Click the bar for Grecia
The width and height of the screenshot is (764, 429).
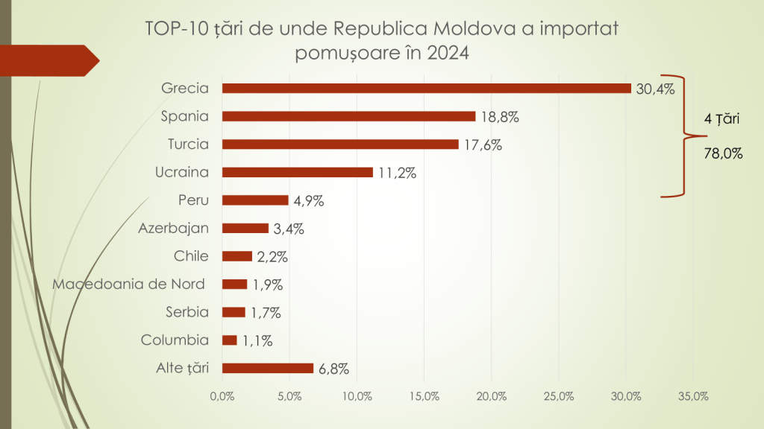(427, 88)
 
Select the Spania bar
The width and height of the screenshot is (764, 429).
(349, 116)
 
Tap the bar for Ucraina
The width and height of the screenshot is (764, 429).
(298, 172)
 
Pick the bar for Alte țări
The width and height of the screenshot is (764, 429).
(268, 368)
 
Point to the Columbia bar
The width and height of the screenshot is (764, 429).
(230, 340)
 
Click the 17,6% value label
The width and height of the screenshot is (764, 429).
(483, 145)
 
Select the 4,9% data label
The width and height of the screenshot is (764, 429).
(309, 201)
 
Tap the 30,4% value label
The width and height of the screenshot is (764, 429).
(655, 89)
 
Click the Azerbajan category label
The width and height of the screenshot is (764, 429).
(173, 228)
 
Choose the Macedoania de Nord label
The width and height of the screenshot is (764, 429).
(128, 284)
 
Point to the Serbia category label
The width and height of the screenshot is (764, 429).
(187, 312)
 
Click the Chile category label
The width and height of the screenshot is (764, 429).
(191, 256)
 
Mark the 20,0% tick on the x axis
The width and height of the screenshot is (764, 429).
(492, 396)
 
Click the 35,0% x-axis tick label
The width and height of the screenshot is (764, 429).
(693, 396)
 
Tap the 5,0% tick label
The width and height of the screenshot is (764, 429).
(290, 396)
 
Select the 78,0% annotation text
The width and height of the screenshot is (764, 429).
(724, 153)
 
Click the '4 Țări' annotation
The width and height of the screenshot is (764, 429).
(721, 118)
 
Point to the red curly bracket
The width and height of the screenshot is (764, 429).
(684, 136)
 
